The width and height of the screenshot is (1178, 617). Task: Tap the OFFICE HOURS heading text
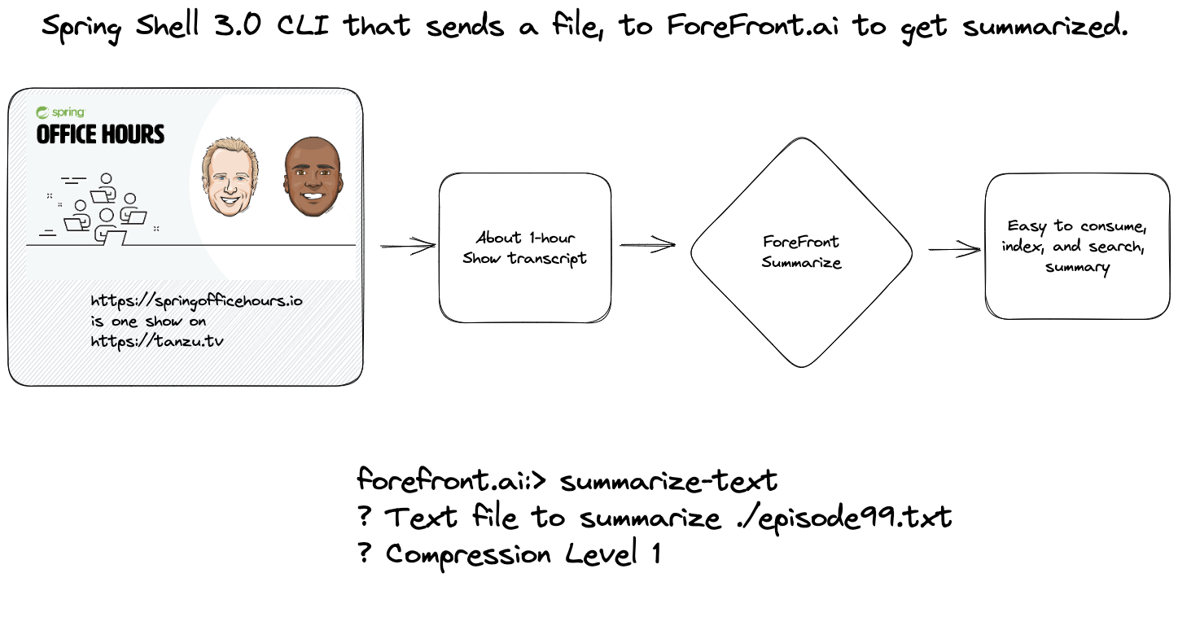100,134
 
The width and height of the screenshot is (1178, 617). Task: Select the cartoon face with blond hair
231,177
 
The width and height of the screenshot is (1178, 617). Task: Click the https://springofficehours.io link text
196,301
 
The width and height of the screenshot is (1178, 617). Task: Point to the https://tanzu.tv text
156,342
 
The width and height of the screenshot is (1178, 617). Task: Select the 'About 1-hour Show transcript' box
524,247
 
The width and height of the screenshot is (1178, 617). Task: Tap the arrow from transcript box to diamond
648,244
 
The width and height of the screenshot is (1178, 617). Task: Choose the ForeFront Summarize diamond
801,252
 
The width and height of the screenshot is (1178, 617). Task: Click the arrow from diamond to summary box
953,249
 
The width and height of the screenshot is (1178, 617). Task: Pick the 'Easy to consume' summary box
1076,246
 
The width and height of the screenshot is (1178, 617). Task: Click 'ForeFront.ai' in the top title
755,26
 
